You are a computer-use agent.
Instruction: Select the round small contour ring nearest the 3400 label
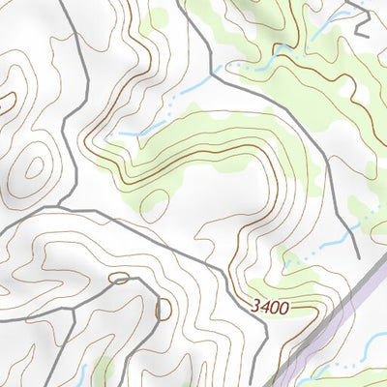click(x=163, y=309)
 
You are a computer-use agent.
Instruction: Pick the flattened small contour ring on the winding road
click(x=120, y=279)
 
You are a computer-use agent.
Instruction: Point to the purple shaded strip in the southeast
click(x=339, y=329)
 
